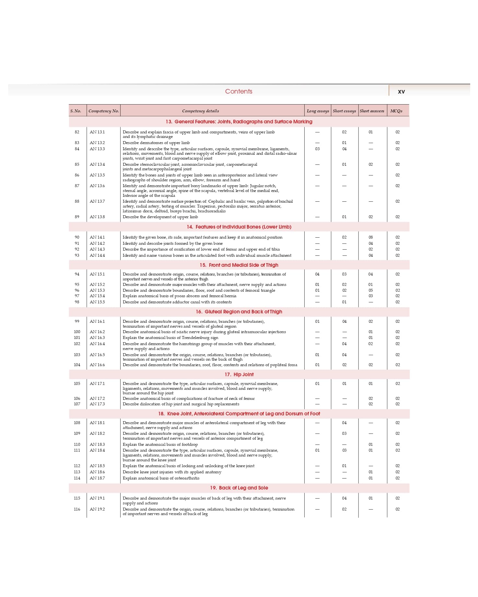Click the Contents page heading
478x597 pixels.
[x=239, y=91]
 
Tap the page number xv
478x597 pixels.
[x=401, y=92]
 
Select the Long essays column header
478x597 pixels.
[x=318, y=111]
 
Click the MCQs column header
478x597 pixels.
[x=396, y=111]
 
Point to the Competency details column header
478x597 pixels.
[x=200, y=111]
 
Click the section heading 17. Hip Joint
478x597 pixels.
[x=239, y=374]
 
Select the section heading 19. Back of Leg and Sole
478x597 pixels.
[x=239, y=488]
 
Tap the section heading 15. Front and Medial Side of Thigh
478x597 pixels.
[x=239, y=265]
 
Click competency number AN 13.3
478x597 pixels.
[x=97, y=149]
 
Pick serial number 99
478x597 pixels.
[x=77, y=321]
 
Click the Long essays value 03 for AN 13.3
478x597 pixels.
[x=317, y=149]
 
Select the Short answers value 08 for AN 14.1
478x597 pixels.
[x=371, y=237]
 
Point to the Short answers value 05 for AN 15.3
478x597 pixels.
[x=371, y=290]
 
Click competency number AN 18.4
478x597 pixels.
[x=97, y=450]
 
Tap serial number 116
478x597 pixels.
[x=77, y=509]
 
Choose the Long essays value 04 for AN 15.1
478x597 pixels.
[x=317, y=274]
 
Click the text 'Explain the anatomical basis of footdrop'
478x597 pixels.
[x=160, y=445]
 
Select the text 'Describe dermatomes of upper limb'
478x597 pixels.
[x=156, y=143]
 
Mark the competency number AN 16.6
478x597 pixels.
[x=97, y=365]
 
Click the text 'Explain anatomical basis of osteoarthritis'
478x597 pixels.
[x=161, y=478]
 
